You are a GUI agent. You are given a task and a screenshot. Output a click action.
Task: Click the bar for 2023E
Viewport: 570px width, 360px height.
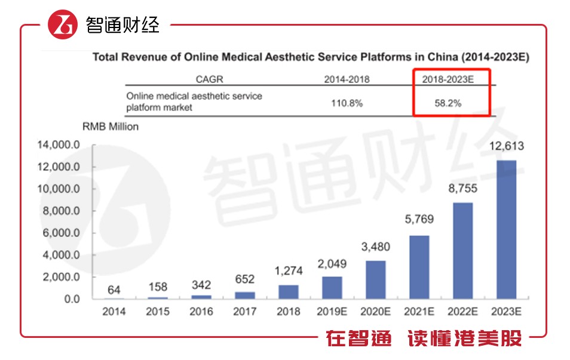(506, 229)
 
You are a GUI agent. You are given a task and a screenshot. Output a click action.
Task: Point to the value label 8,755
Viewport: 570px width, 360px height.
(462, 189)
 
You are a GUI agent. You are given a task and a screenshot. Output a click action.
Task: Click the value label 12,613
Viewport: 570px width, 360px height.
(506, 146)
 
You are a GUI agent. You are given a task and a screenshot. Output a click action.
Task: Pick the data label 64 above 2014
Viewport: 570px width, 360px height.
(114, 290)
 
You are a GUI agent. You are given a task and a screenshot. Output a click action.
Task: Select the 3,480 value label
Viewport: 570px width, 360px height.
(375, 247)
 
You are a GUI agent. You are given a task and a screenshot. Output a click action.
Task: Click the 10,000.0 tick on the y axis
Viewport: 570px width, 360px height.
(59, 189)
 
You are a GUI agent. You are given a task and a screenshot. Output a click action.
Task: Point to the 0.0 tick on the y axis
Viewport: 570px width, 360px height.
(69, 299)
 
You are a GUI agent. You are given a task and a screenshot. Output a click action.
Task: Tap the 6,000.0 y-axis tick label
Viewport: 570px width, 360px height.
(60, 233)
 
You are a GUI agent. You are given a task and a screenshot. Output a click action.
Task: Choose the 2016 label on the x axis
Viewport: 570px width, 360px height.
(201, 312)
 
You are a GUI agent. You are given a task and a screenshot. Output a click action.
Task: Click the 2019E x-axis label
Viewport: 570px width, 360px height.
(332, 312)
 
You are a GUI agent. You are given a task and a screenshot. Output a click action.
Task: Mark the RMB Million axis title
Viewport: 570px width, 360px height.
(110, 127)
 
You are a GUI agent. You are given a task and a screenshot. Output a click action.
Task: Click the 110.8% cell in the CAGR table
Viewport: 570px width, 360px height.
(347, 103)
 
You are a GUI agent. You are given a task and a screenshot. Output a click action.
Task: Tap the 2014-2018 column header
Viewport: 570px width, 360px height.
(347, 79)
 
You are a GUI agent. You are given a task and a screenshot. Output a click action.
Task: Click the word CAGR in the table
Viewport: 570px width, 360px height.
(209, 79)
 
